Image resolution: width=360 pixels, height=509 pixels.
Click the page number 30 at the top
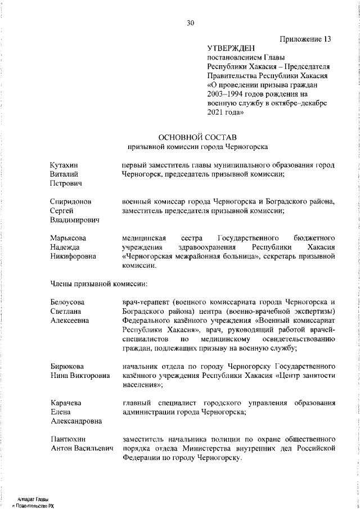(190, 23)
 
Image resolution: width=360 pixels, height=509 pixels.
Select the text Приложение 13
(304, 39)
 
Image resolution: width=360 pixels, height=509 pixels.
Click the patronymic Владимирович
(74, 220)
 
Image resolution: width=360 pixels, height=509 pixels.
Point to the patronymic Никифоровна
(73, 256)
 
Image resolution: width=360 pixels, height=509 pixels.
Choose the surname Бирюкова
(67, 366)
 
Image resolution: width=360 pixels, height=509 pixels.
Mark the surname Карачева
(66, 403)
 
